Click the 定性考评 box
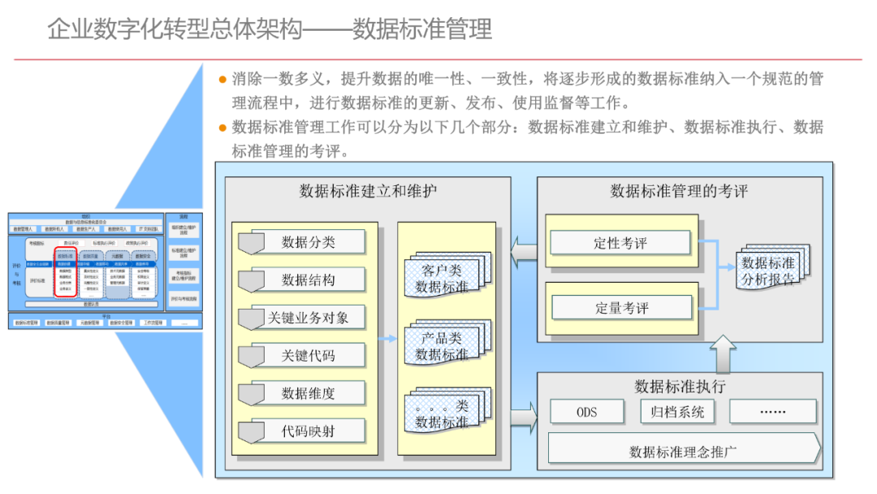coord(621,243)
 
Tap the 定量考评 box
coord(621,308)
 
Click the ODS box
coord(587,412)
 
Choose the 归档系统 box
coord(677,412)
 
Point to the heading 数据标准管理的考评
coord(679,192)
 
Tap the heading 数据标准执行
coord(680,386)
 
